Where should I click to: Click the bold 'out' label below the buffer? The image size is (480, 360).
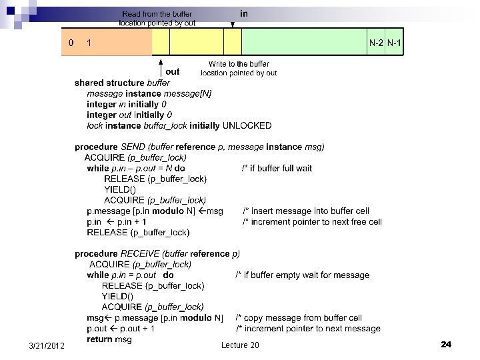click(x=173, y=71)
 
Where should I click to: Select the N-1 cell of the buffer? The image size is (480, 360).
click(x=394, y=43)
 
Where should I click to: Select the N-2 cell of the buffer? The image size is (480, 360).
click(x=376, y=43)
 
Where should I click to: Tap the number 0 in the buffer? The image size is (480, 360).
click(x=71, y=43)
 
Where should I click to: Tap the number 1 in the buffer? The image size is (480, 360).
click(x=89, y=43)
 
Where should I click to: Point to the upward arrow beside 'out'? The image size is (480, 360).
click(x=161, y=67)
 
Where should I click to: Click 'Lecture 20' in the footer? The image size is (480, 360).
click(x=240, y=345)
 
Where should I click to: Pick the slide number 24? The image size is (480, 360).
click(x=446, y=345)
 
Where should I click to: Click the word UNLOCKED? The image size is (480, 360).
click(x=247, y=125)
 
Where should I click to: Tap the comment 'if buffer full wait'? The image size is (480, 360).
click(x=277, y=168)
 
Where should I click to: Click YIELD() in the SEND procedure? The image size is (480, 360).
click(x=119, y=189)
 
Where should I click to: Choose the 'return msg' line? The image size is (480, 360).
click(x=109, y=339)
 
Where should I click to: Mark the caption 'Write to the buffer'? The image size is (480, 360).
click(x=239, y=64)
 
